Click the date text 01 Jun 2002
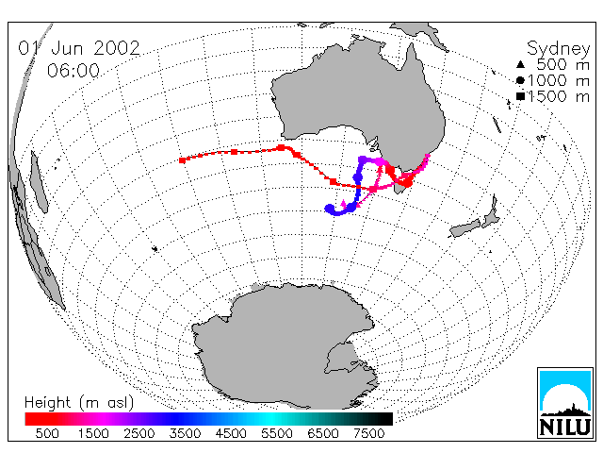[79, 48]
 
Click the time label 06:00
[73, 71]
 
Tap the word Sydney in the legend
[558, 49]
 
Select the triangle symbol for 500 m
[520, 64]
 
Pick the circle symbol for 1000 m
[520, 80]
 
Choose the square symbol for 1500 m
[520, 96]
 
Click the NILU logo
[565, 403]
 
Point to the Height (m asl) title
[79, 403]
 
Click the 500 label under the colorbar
[47, 434]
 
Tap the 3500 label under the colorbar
[185, 434]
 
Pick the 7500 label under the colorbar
[368, 434]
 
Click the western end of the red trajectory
[182, 160]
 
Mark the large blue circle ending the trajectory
[330, 209]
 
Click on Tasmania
[402, 188]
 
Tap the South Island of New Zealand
[464, 228]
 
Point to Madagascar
[40, 182]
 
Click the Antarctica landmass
[285, 346]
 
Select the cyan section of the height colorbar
[269, 419]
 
